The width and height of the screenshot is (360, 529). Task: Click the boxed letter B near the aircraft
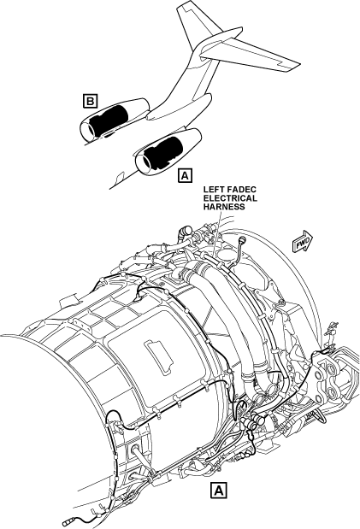(x=90, y=101)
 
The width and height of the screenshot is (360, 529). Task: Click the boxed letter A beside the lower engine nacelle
(x=185, y=175)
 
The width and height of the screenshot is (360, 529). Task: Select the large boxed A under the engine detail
(x=219, y=491)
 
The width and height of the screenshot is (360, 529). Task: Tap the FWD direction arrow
(x=302, y=241)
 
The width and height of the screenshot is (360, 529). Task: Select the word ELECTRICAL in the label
(x=230, y=198)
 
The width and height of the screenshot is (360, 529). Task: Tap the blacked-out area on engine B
(x=109, y=120)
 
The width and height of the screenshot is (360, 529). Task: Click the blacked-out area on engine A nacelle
(x=163, y=153)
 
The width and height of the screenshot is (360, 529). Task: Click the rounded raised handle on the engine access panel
(x=159, y=357)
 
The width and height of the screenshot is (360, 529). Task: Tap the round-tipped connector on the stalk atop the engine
(x=242, y=240)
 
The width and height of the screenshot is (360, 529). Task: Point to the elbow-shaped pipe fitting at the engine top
(x=185, y=232)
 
